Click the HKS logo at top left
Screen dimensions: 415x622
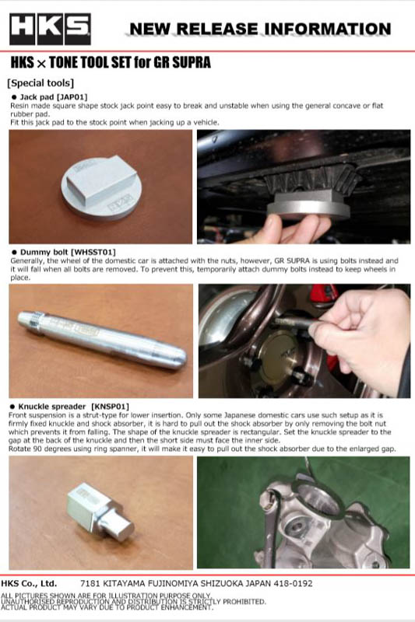(x=50, y=29)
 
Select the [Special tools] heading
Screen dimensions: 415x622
(x=40, y=83)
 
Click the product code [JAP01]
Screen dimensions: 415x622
(x=72, y=96)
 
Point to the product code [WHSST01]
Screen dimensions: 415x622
(x=93, y=252)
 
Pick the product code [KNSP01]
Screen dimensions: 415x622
(x=110, y=407)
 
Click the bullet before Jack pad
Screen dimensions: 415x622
(x=14, y=97)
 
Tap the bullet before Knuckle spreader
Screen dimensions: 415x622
(x=12, y=407)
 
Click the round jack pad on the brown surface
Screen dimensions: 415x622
(x=101, y=187)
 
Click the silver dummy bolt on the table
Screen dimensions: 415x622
(x=102, y=340)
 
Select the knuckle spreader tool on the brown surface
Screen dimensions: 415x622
(x=100, y=512)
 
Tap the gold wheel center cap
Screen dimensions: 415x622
(x=280, y=355)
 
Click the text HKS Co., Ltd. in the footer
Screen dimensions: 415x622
(x=29, y=584)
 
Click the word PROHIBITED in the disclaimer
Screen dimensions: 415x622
(x=244, y=602)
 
